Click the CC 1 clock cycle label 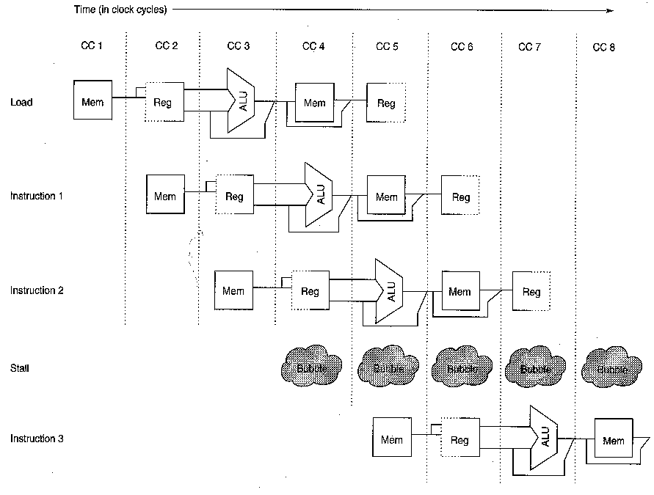coord(91,46)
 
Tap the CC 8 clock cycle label coord(603,48)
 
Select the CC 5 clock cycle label coord(387,46)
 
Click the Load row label coord(21,103)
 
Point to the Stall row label coord(20,367)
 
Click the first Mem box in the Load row coord(92,101)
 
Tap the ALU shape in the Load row coord(241,101)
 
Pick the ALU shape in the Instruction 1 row coord(318,194)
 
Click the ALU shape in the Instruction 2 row coord(389,290)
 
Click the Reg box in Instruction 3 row coord(459,440)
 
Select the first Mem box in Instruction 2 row coord(233,290)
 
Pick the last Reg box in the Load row coord(385,103)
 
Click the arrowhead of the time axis coord(608,10)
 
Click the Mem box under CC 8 coord(613,440)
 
